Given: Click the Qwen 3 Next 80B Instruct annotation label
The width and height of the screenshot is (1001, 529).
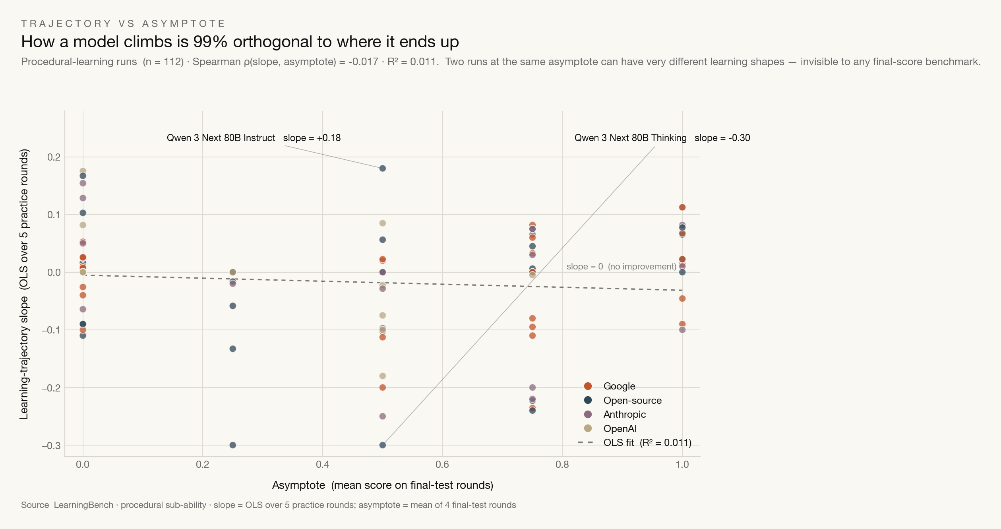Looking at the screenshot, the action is pyautogui.click(x=254, y=138).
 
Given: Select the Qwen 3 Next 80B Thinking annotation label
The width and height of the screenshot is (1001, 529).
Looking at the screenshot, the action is pyautogui.click(x=662, y=138).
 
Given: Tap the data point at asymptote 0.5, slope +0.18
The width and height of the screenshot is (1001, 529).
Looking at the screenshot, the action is pyautogui.click(x=383, y=169).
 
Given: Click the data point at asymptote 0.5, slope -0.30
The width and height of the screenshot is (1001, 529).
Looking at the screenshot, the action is pyautogui.click(x=383, y=445).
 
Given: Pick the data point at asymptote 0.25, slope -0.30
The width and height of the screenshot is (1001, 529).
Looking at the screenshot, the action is pyautogui.click(x=233, y=445).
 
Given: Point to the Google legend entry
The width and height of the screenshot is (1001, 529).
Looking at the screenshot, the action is pyautogui.click(x=610, y=386).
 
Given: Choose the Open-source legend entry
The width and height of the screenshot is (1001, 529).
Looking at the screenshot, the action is pyautogui.click(x=623, y=401).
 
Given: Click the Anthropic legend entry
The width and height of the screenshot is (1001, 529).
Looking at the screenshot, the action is pyautogui.click(x=615, y=415).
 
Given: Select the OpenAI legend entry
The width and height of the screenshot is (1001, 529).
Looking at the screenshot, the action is pyautogui.click(x=610, y=429).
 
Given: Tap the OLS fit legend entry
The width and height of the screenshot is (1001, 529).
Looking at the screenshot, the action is pyautogui.click(x=635, y=443).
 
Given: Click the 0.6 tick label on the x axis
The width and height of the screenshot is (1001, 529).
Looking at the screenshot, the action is pyautogui.click(x=442, y=465).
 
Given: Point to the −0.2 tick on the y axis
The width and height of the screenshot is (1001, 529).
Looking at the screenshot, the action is pyautogui.click(x=51, y=388).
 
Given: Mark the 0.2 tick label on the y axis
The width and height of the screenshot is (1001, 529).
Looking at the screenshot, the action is pyautogui.click(x=54, y=157).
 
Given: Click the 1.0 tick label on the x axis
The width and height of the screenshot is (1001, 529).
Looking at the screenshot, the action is pyautogui.click(x=682, y=465).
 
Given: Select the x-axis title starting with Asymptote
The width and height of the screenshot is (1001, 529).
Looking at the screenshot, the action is pyautogui.click(x=383, y=485).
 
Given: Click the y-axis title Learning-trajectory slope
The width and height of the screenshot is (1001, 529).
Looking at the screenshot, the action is pyautogui.click(x=24, y=284).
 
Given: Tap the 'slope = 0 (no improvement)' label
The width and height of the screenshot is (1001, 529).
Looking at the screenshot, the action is pyautogui.click(x=622, y=266).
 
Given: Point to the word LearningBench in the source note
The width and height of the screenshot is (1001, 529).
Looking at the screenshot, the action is pyautogui.click(x=84, y=505).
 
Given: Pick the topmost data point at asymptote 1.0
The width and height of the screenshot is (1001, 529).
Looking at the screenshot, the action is pyautogui.click(x=682, y=207).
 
